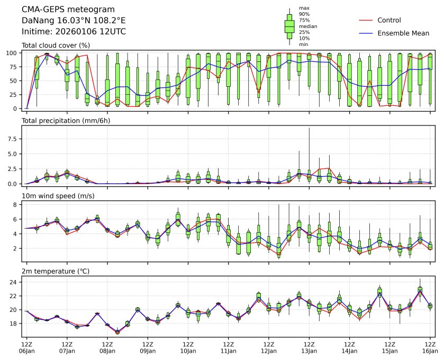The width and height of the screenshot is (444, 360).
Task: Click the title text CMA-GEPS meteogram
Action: tap(60, 10)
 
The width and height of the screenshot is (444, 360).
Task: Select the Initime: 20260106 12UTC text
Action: tap(74, 31)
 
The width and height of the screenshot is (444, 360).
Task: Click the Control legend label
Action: tap(389, 20)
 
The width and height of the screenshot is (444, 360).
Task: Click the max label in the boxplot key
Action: tap(304, 8)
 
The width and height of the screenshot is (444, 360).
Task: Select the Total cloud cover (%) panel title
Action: tap(56, 46)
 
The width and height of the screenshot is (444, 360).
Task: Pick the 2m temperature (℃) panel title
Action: tap(56, 272)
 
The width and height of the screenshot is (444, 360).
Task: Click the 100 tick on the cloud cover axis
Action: tap(13, 53)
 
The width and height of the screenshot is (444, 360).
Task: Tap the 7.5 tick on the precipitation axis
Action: tap(14, 139)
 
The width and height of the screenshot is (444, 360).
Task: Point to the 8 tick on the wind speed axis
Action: tap(16, 204)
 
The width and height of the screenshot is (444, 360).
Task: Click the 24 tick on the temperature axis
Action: tap(15, 282)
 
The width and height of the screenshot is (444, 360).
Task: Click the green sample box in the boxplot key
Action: tap(289, 26)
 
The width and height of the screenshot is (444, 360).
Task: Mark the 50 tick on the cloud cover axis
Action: tap(15, 80)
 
